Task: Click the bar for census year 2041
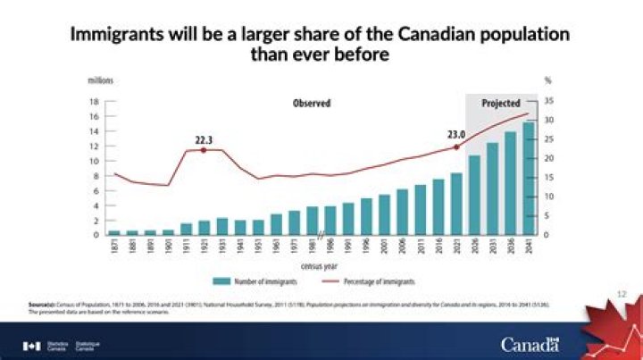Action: point(530,179)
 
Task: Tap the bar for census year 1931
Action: point(221,227)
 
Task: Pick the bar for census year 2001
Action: point(384,215)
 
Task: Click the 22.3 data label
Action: point(204,139)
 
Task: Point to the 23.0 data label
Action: point(457,135)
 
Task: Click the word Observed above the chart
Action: point(312,104)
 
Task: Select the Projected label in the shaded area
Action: point(501,104)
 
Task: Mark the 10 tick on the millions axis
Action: point(94,161)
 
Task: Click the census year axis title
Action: point(318,267)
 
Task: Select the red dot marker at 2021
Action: point(456,147)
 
